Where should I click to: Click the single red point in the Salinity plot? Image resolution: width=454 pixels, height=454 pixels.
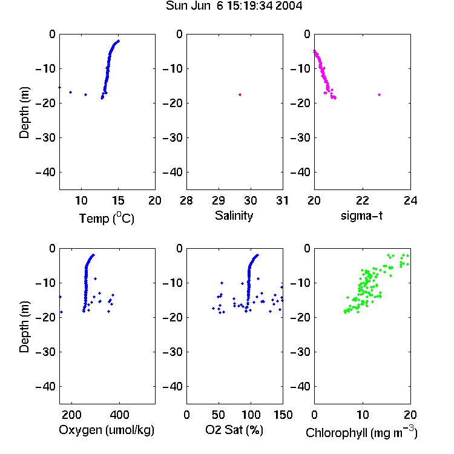point(240,94)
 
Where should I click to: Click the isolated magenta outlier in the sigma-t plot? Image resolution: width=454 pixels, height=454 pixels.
point(379,94)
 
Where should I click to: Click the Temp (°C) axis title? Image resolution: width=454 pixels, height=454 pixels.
point(107,218)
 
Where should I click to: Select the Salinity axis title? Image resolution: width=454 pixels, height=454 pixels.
point(234,215)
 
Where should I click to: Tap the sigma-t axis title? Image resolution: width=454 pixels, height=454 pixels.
point(361,215)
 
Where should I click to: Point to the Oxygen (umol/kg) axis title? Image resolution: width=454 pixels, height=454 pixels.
point(107,430)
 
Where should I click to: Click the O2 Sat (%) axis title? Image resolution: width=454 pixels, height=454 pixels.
point(234,430)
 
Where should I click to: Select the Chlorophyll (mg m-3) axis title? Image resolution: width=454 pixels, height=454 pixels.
point(361,432)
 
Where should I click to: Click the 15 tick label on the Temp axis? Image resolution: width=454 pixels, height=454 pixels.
point(118,200)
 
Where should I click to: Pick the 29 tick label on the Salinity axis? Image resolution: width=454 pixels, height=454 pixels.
point(219,200)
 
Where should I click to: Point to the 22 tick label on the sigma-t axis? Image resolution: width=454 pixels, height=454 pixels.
point(363,200)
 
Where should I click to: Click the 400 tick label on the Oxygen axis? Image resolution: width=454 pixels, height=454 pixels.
point(119,415)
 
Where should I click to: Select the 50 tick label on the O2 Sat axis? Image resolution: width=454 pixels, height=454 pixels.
point(219,415)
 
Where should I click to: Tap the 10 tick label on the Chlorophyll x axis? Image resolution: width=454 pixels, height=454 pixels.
point(363,415)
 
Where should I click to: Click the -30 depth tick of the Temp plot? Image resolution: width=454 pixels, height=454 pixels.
point(45,137)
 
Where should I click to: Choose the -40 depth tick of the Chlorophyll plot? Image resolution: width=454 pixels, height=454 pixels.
point(300,386)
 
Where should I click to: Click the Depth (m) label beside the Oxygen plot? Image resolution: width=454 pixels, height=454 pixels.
point(24,327)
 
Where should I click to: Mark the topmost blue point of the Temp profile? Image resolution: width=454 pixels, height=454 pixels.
point(118,41)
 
